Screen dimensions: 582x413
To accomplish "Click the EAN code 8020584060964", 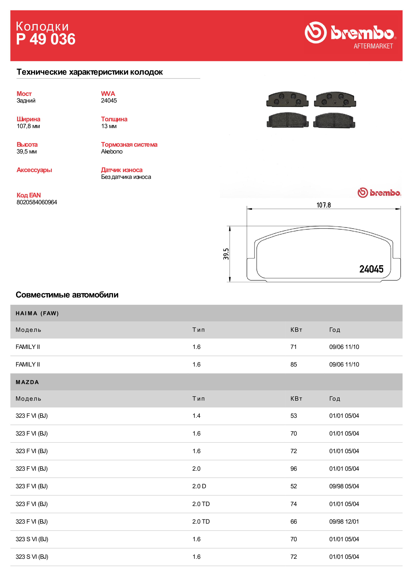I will (x=37, y=202).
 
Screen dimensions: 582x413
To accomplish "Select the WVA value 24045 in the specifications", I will (x=109, y=101).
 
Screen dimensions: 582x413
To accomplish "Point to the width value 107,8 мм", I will (x=28, y=126).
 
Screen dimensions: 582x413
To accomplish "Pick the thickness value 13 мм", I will (x=109, y=126).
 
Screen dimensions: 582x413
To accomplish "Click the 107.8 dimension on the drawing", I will (x=324, y=205).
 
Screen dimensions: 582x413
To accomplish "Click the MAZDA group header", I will (x=27, y=382).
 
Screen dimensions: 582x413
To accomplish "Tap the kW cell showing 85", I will (x=293, y=364).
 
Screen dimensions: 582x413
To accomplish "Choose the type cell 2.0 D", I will (x=199, y=486).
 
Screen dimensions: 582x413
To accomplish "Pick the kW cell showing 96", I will (x=293, y=469).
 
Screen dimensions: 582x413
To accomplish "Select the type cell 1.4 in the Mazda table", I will (x=196, y=416).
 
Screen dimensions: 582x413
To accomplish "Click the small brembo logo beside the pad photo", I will (x=379, y=193).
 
